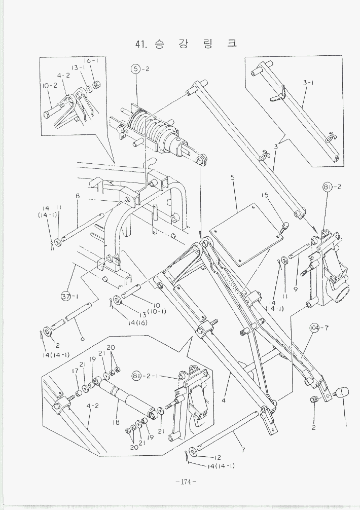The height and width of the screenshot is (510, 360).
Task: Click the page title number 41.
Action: (140, 44)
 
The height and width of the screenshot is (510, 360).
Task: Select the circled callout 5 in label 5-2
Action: (135, 69)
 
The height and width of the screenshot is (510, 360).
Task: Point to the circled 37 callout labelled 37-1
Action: (66, 296)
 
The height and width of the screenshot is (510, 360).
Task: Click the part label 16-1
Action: (91, 60)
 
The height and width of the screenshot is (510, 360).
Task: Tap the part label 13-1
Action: (78, 67)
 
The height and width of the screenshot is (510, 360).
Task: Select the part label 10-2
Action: (49, 85)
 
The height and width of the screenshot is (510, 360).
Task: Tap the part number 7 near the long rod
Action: (243, 450)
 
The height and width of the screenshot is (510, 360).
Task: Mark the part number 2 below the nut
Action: (313, 427)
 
